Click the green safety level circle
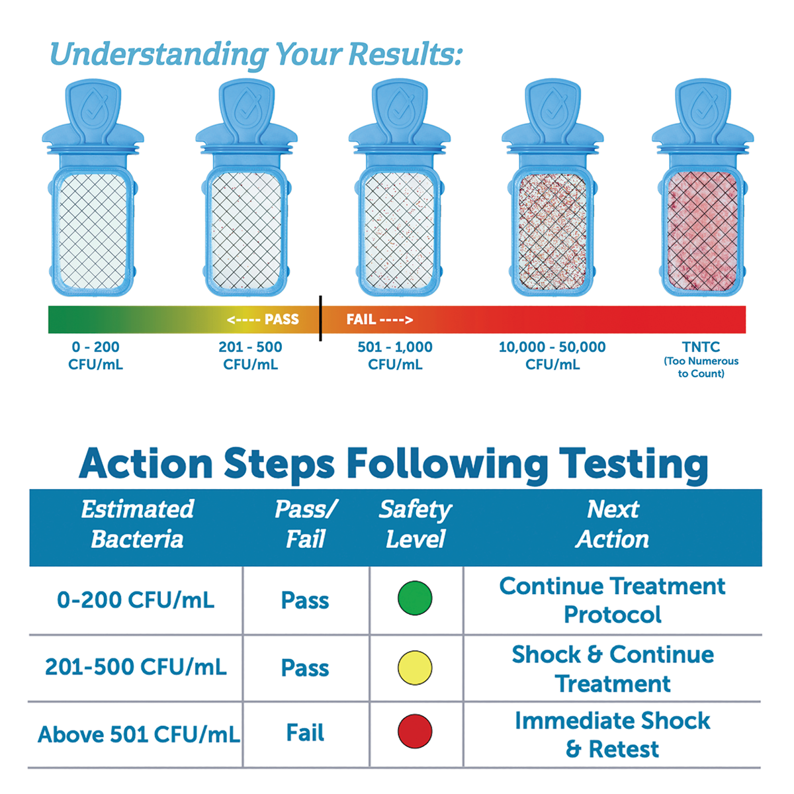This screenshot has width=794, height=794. (x=415, y=599)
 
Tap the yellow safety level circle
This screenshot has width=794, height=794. (x=415, y=667)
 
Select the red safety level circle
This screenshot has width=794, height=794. (x=415, y=732)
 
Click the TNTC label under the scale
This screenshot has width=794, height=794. (x=701, y=347)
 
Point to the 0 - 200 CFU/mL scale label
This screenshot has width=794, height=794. (x=95, y=355)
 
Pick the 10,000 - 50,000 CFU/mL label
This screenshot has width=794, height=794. (x=552, y=355)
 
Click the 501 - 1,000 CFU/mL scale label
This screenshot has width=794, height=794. (x=395, y=355)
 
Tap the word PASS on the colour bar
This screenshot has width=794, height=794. (x=281, y=320)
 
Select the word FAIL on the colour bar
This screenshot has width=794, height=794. (x=361, y=320)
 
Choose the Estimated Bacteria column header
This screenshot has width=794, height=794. (x=137, y=524)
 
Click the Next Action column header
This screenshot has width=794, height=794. (x=612, y=524)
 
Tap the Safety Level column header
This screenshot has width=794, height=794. (x=415, y=524)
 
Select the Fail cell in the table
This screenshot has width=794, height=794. (x=305, y=733)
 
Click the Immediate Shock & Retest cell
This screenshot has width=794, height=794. (x=612, y=734)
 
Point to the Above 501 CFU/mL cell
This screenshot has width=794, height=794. (x=138, y=734)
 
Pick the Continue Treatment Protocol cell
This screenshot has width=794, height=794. (x=612, y=600)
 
